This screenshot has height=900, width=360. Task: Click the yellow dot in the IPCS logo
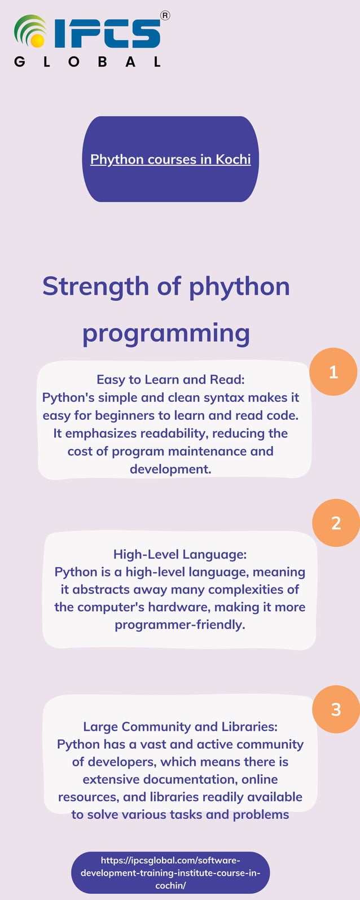click(38, 41)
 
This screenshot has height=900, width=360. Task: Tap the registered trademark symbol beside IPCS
click(165, 16)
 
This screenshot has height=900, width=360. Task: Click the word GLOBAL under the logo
click(87, 62)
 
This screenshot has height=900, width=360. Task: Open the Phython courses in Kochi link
click(170, 159)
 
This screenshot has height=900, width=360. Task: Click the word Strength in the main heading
click(95, 286)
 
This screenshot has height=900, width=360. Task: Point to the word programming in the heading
click(166, 333)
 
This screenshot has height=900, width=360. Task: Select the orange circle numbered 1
click(333, 372)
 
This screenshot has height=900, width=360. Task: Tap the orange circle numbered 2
click(336, 523)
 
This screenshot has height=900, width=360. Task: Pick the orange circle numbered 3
click(336, 709)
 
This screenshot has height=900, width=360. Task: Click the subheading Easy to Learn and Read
click(170, 379)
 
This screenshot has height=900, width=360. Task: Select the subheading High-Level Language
click(180, 554)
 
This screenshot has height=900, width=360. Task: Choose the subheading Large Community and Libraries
click(180, 726)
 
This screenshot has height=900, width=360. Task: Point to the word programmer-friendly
click(180, 625)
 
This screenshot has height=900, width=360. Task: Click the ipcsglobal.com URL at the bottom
click(170, 872)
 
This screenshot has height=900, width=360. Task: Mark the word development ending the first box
click(170, 469)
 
